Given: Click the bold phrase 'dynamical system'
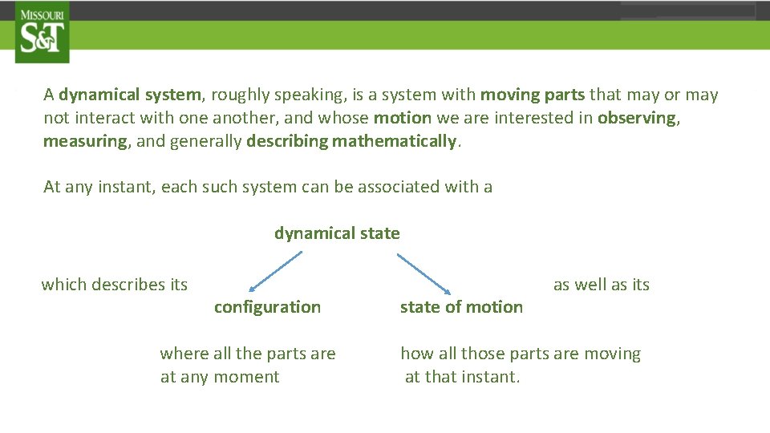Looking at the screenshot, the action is pos(130,95).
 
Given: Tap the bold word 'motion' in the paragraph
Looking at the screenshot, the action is pos(403,118).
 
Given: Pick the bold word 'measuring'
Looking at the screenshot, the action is pos(85,142).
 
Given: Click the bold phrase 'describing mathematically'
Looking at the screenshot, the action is pos(351,142).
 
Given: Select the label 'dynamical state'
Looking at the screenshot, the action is pos(337,233).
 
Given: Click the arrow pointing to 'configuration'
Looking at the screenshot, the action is pos(275,271).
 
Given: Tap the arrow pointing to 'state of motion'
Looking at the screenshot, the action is pos(424,273).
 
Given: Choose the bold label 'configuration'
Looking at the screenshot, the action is pos(267,307).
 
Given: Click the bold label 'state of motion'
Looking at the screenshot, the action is pos(461,307).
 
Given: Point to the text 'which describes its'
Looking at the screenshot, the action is pos(115,285).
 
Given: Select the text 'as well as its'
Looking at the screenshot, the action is pos(602,285).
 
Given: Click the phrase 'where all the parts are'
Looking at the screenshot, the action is pos(248,354).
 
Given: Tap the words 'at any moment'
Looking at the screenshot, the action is pos(220,377).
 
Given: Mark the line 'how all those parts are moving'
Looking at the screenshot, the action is pos(521,354).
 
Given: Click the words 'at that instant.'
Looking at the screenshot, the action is pos(463,377).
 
